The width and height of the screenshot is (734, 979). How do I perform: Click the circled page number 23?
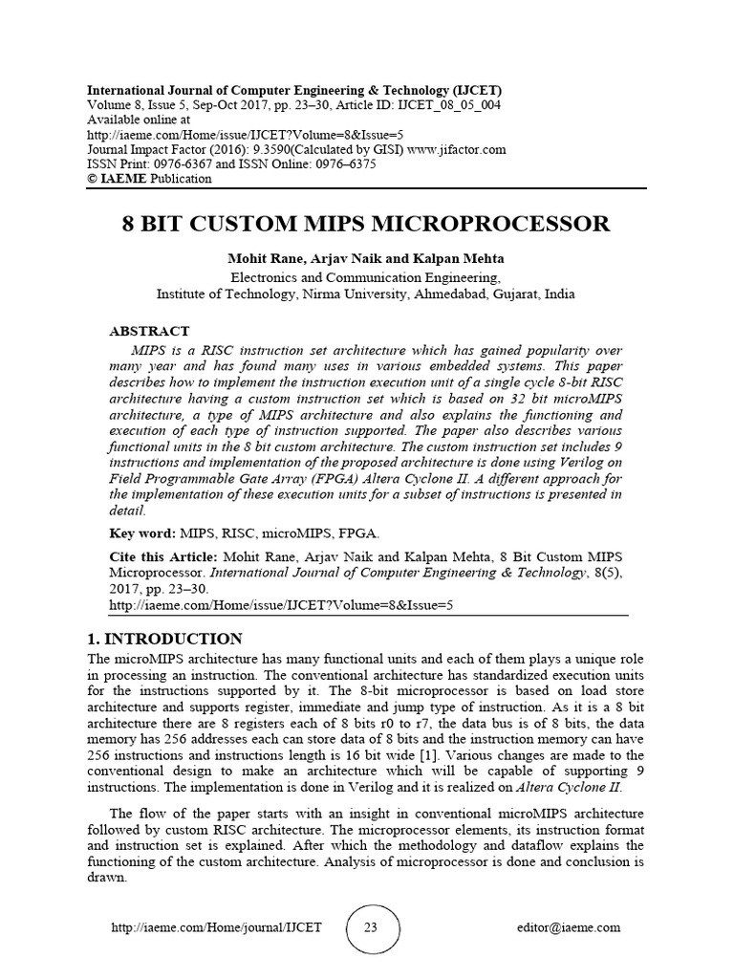click(371, 926)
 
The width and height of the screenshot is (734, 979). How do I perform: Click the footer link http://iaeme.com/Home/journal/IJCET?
click(217, 927)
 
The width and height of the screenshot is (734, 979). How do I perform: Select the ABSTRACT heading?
click(149, 332)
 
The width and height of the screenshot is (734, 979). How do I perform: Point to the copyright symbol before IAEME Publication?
click(93, 178)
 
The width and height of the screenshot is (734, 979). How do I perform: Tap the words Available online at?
click(139, 120)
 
